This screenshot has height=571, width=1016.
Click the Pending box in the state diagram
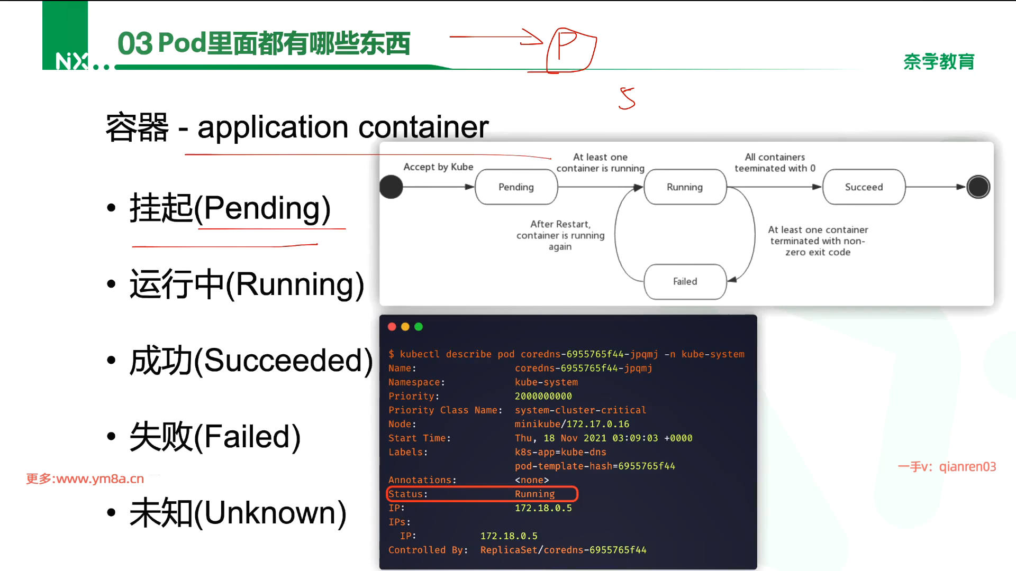click(x=516, y=187)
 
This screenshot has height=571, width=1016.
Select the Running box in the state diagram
click(x=685, y=187)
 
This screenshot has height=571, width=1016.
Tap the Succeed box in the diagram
click(x=864, y=187)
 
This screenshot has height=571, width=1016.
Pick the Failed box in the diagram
click(x=685, y=281)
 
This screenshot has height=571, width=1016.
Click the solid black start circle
click(x=392, y=187)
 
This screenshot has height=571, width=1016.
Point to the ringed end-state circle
click(x=978, y=187)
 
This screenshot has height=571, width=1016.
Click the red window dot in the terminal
click(x=392, y=327)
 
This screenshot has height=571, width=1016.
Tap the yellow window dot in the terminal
click(x=405, y=327)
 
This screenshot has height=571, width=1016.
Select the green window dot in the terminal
click(x=419, y=327)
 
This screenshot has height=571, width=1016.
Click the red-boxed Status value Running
click(x=534, y=494)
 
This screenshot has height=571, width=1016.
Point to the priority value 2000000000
click(x=543, y=396)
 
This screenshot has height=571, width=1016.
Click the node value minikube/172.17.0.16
click(x=572, y=424)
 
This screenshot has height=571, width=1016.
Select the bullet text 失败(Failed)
click(x=215, y=437)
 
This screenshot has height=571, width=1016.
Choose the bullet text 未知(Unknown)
click(x=238, y=513)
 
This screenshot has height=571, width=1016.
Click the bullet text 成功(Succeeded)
click(x=251, y=361)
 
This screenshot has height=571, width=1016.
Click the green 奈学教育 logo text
click(x=939, y=62)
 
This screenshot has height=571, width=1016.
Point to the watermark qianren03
click(x=967, y=467)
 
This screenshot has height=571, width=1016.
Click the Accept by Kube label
click(x=438, y=167)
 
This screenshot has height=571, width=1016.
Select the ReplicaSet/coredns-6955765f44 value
click(x=563, y=550)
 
